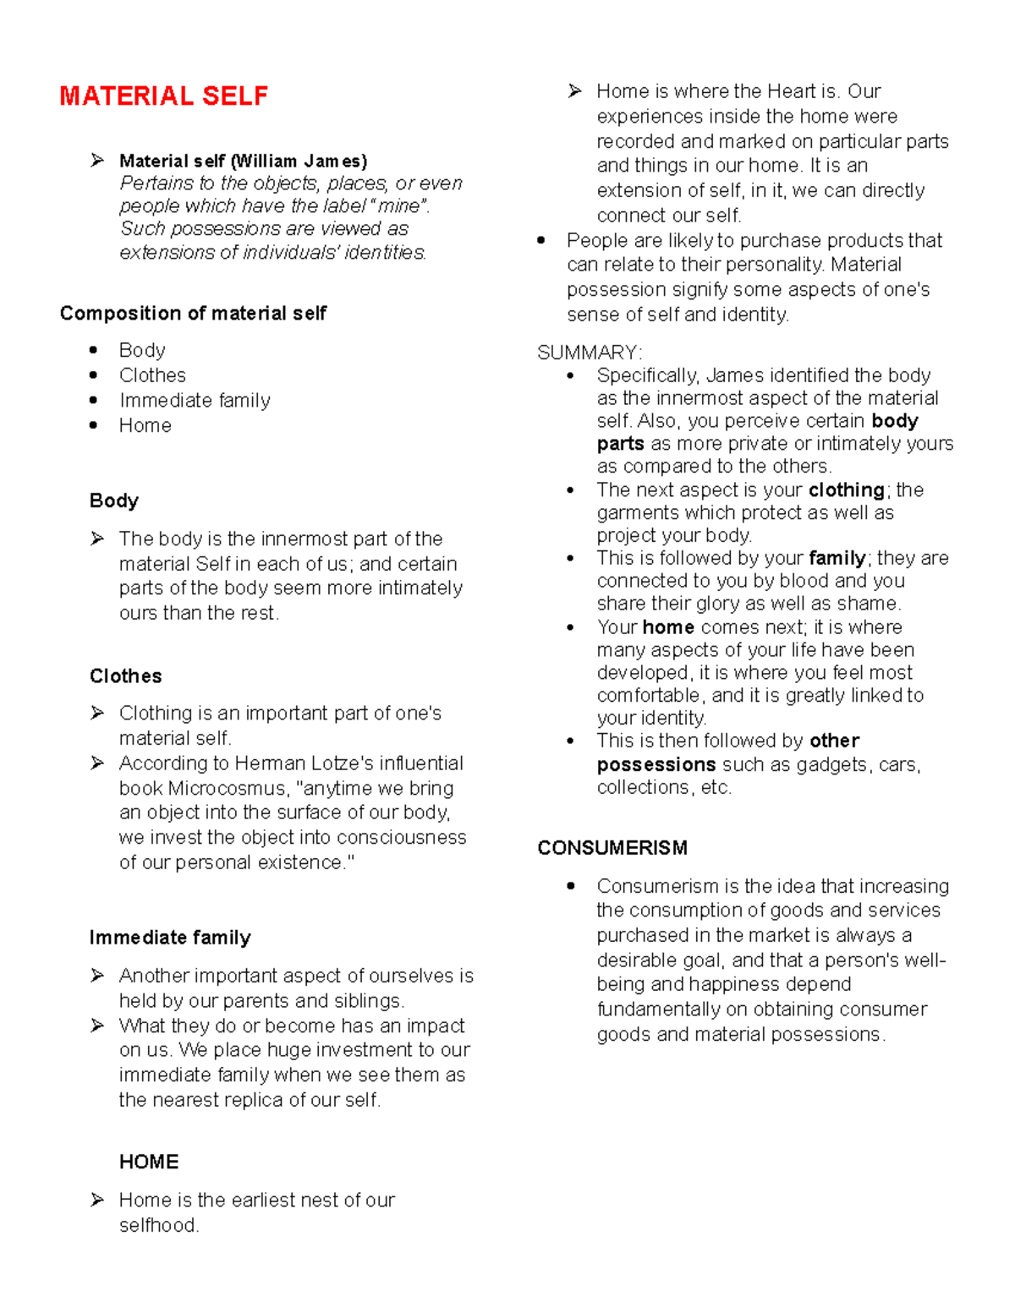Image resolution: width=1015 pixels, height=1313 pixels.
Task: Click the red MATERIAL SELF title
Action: click(x=163, y=96)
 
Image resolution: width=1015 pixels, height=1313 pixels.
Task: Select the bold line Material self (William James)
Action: click(x=243, y=161)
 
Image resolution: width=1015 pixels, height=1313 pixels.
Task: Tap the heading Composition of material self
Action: click(x=193, y=314)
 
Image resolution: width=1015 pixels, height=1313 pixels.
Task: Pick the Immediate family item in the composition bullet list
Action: click(x=195, y=401)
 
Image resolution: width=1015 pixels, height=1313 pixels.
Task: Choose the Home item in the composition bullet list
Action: click(x=145, y=426)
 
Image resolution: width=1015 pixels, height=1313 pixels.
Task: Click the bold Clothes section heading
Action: click(x=125, y=676)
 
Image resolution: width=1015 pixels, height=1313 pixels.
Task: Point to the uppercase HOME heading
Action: click(x=149, y=1163)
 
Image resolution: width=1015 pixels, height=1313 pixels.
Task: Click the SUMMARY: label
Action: click(x=590, y=353)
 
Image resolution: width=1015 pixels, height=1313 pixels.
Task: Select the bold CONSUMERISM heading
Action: click(x=612, y=848)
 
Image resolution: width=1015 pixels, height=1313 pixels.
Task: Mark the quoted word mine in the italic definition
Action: click(x=399, y=206)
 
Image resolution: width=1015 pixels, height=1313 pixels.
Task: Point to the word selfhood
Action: click(x=158, y=1226)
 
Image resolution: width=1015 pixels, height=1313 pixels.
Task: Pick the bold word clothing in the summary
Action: click(x=846, y=490)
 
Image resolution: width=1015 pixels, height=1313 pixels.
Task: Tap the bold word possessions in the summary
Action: click(x=656, y=765)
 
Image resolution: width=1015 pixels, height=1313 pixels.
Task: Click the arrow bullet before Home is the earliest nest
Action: click(x=98, y=1200)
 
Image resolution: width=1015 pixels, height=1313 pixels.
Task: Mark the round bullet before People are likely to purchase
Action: click(x=541, y=241)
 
